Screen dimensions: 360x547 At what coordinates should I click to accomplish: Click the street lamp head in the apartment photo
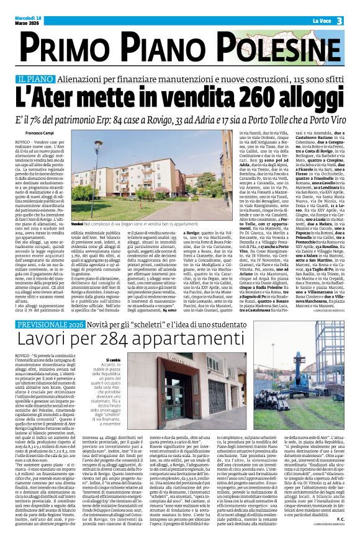(x=99, y=143)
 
